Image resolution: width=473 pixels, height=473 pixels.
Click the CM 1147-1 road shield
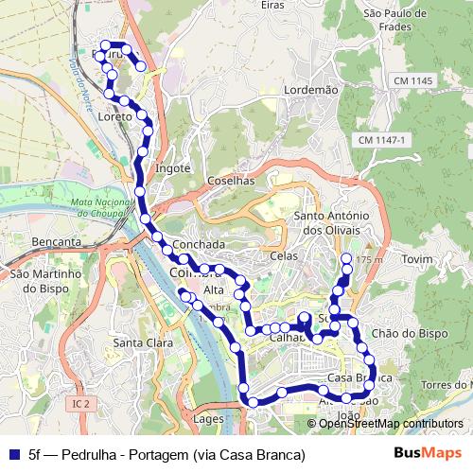click(382, 140)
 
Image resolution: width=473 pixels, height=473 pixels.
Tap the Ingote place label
click(173, 168)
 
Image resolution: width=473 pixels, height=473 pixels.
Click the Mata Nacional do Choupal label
click(103, 207)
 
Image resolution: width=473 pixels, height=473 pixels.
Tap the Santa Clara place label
click(141, 342)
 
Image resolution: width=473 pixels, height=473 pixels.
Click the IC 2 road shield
click(81, 404)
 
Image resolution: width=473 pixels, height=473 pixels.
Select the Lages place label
click(206, 417)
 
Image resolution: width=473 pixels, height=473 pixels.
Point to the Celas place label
click(283, 256)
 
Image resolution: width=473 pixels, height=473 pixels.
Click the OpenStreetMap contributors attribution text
click(391, 424)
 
